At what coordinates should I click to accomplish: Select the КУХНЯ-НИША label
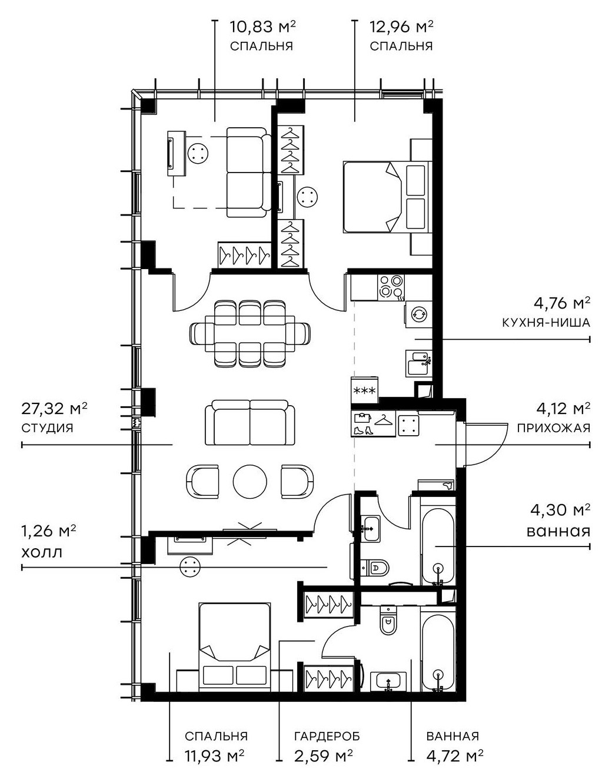point(546,323)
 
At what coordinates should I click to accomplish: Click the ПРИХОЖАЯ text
point(553,428)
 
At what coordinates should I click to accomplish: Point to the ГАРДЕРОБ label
point(327,736)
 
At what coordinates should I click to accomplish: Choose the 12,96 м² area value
point(401,26)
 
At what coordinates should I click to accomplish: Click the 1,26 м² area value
point(49,532)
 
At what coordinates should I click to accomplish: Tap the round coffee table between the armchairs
point(250,482)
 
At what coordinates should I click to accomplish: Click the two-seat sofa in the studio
point(250,423)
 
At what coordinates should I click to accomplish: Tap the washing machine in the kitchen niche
point(418,314)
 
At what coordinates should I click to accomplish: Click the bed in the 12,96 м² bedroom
point(383,197)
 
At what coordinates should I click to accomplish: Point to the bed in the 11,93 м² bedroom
point(234,645)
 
